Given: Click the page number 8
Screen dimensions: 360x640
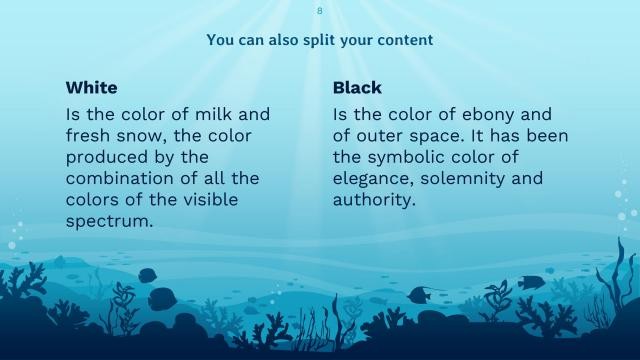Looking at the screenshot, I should [x=320, y=10].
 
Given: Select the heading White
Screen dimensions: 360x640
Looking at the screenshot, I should [x=92, y=88].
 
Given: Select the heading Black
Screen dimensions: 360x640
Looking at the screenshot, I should [x=357, y=88].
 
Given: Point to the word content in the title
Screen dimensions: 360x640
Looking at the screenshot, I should [x=406, y=41].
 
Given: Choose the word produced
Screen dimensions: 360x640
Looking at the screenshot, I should [x=107, y=157].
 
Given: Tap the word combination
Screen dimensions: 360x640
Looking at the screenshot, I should [x=117, y=179].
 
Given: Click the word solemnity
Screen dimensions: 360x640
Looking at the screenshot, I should [x=472, y=179].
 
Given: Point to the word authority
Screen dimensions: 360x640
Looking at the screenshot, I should [x=373, y=200].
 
